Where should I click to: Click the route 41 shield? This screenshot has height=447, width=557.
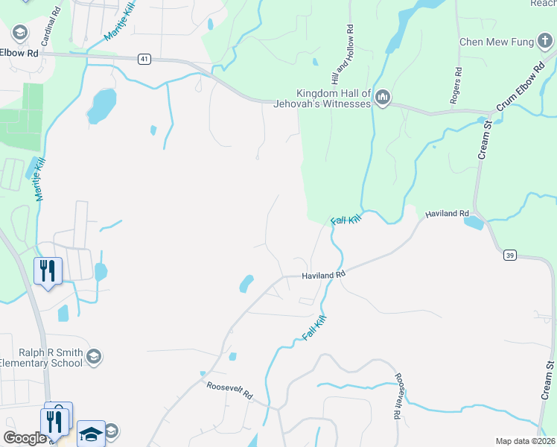[x=144, y=58]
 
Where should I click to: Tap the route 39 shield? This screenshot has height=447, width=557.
[x=509, y=255]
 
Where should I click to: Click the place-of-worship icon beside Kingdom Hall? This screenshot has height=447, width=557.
[x=383, y=98]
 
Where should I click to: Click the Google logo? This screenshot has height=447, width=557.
[x=25, y=438]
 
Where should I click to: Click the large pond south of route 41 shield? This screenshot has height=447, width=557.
[x=101, y=105]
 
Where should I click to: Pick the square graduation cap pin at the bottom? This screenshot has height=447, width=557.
[x=91, y=433]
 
